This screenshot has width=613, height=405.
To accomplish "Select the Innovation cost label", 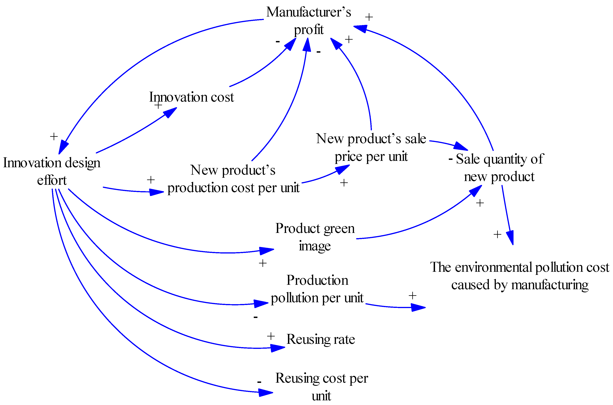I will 191,97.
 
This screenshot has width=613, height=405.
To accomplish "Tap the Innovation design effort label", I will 52,171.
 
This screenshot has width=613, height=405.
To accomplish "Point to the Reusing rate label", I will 320,339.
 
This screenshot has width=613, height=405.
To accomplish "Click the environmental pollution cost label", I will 520,276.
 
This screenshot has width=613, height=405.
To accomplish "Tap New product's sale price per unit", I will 371,147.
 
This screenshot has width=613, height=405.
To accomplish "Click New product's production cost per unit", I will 233,179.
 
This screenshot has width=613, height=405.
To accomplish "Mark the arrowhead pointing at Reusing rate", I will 278,348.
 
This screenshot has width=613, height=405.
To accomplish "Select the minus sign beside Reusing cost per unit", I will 259,382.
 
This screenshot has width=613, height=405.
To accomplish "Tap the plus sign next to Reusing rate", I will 270,336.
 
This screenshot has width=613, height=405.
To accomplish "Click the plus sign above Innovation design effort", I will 54,136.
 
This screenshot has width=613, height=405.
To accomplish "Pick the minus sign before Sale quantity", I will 451,159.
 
